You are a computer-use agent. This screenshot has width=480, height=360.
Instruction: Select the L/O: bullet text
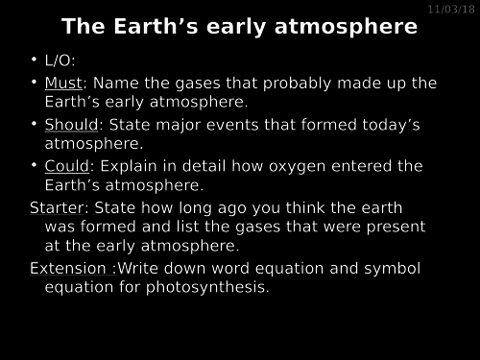pos(60,61)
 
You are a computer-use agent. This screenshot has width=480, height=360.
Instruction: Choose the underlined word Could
pos(66,166)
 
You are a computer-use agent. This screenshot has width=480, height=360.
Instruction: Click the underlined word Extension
pos(70,267)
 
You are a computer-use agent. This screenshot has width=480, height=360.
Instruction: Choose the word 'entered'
pos(366,166)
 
